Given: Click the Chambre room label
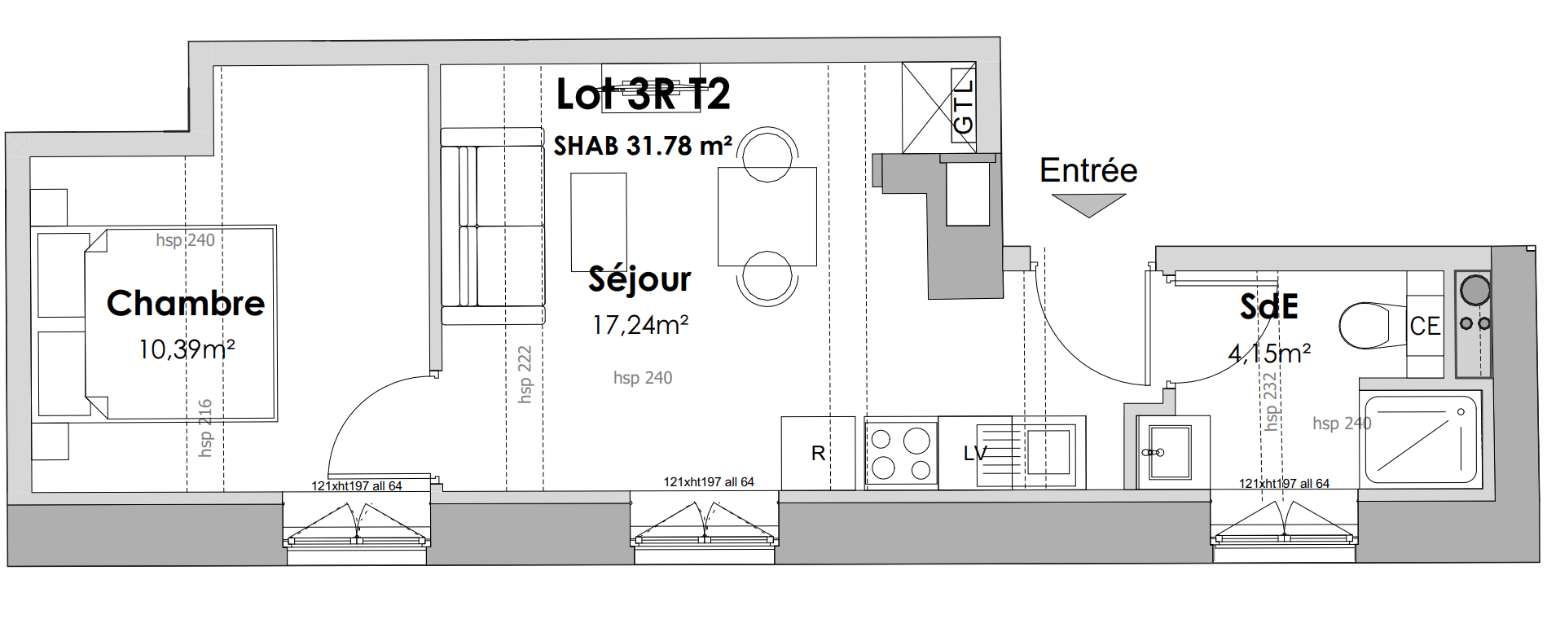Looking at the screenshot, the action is pyautogui.click(x=186, y=303).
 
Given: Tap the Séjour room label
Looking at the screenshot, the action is pyautogui.click(x=639, y=279).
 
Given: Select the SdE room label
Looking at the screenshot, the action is pyautogui.click(x=1268, y=307).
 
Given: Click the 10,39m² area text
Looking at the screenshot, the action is pyautogui.click(x=187, y=349).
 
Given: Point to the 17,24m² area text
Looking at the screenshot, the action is pyautogui.click(x=640, y=325).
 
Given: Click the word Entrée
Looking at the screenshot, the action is pyautogui.click(x=1088, y=170).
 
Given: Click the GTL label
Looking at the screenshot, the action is pyautogui.click(x=963, y=107).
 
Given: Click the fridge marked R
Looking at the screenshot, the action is pyautogui.click(x=818, y=453).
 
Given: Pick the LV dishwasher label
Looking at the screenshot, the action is pyautogui.click(x=975, y=454).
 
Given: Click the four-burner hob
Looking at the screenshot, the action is pyautogui.click(x=901, y=453).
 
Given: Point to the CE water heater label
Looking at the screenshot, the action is pyautogui.click(x=1425, y=326).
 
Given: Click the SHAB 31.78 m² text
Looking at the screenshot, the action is pyautogui.click(x=643, y=146).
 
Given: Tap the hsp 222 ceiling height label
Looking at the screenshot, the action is pyautogui.click(x=525, y=374).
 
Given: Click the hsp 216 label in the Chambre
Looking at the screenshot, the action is pyautogui.click(x=205, y=428).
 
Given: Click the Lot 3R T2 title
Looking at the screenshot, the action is pyautogui.click(x=643, y=94).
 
